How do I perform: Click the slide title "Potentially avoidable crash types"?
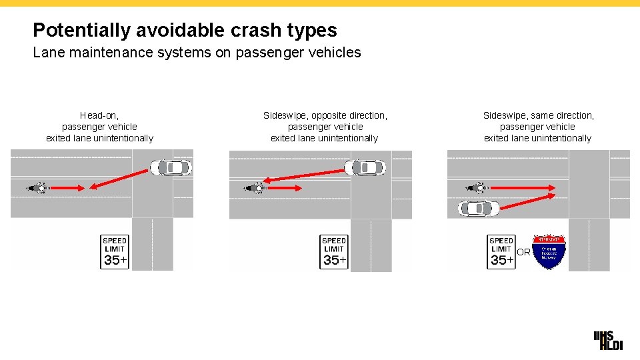[x=185, y=30]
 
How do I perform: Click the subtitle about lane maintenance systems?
[x=197, y=53]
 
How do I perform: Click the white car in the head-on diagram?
[x=171, y=167]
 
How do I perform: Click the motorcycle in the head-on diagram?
[x=39, y=188]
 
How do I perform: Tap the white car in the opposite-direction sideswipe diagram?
[x=365, y=167]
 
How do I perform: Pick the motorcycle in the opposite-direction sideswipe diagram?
[x=257, y=188]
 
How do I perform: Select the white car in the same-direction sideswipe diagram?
[x=478, y=208]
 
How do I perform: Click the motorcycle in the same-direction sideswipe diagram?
[x=476, y=188]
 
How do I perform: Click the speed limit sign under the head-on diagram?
[x=115, y=251]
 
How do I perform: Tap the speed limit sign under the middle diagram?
[x=333, y=251]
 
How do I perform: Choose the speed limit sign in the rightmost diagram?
[x=501, y=251]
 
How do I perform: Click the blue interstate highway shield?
[x=549, y=252]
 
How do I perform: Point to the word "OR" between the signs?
[x=524, y=252]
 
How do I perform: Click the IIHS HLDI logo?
[x=607, y=341]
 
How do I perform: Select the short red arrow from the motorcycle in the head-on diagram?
[x=67, y=188]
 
